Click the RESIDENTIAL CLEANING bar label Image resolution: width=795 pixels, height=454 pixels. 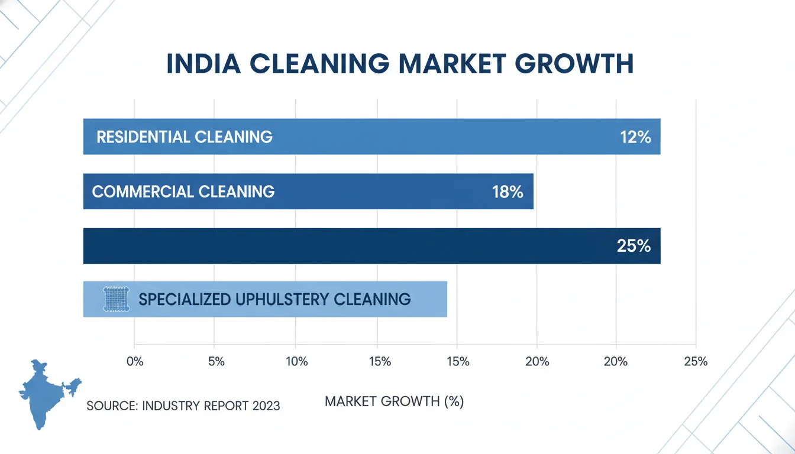tap(184, 137)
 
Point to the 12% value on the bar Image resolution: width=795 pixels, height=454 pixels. tap(635, 137)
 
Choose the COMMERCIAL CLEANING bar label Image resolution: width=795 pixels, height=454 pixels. tap(183, 192)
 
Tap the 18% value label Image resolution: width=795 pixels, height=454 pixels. tap(507, 192)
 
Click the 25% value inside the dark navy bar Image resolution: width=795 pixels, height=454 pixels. tap(634, 246)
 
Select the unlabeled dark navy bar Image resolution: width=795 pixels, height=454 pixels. tap(355, 246)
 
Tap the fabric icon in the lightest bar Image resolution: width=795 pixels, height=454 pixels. tap(115, 299)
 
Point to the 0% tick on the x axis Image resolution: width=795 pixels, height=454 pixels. tap(135, 362)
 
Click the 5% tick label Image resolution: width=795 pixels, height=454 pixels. tap(216, 362)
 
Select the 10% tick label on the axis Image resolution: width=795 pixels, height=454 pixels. tap(296, 362)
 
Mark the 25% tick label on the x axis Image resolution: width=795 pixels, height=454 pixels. tap(695, 362)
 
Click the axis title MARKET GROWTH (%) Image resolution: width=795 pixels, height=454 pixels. tap(395, 402)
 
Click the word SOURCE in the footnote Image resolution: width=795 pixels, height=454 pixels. tap(112, 406)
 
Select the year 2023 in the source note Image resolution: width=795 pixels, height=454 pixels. tap(266, 406)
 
